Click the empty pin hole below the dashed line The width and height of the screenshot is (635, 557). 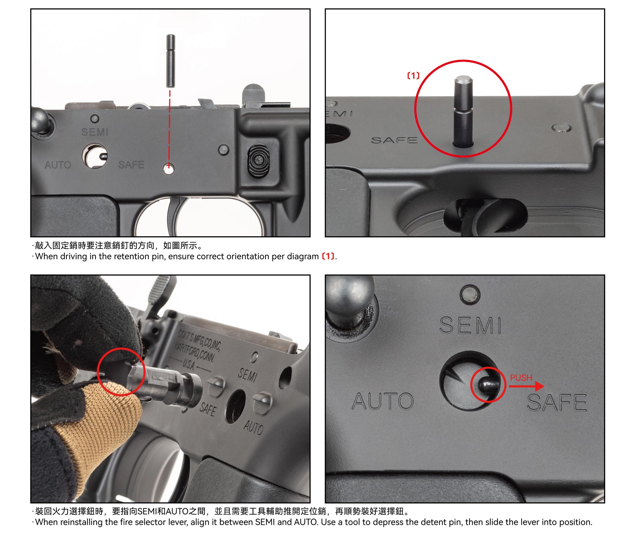pos(169,169)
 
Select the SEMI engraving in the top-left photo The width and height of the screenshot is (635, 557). pos(95,132)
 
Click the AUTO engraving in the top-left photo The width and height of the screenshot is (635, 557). pos(58,165)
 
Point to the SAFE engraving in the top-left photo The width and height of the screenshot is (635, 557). pos(131,165)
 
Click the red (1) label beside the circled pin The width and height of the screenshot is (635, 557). pos(413,76)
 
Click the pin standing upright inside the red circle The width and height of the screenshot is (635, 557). pos(463,111)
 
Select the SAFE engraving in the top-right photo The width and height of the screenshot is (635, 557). pos(394,140)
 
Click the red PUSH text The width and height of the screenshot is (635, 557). pos(521,378)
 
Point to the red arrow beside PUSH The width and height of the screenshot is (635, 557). pos(526,386)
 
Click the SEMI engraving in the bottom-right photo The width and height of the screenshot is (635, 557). pos(470,325)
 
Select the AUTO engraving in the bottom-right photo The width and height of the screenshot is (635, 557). pos(383,401)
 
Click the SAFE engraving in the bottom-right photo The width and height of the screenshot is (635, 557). pos(557,403)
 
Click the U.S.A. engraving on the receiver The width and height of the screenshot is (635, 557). pos(188,364)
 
